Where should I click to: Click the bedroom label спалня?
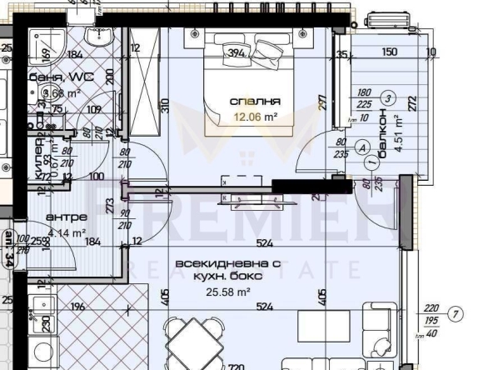point(255,101)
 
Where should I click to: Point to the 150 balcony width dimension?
point(388,51)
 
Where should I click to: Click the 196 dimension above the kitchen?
point(77,307)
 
